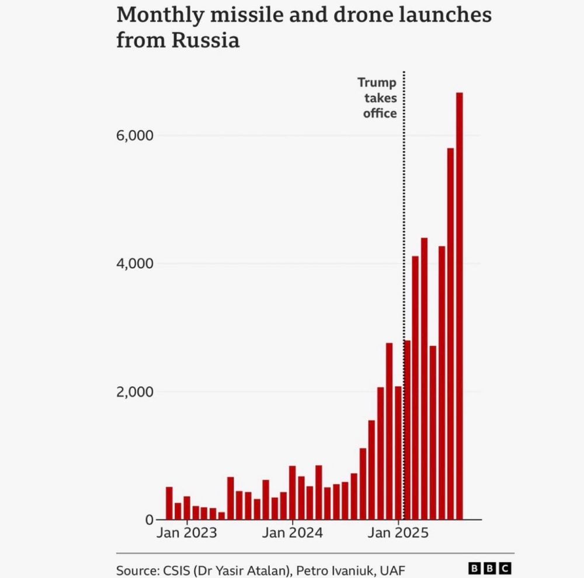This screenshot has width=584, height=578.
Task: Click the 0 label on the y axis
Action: click(x=148, y=520)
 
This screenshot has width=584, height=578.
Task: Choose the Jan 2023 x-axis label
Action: click(x=187, y=533)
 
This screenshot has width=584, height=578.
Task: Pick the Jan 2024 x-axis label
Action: click(x=293, y=533)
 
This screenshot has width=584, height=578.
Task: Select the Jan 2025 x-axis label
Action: click(x=399, y=533)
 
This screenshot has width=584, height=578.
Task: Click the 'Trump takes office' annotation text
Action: click(x=378, y=98)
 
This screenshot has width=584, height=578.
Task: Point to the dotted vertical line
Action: click(x=404, y=234)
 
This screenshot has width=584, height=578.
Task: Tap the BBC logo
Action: click(x=490, y=568)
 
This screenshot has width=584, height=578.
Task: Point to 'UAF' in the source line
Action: click(x=391, y=570)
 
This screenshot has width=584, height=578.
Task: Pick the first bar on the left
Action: click(x=169, y=503)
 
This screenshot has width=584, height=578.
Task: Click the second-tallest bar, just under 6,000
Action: click(x=450, y=334)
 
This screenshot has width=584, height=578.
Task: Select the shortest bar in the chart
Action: click(x=222, y=515)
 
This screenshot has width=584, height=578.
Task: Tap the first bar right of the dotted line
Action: click(x=407, y=430)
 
